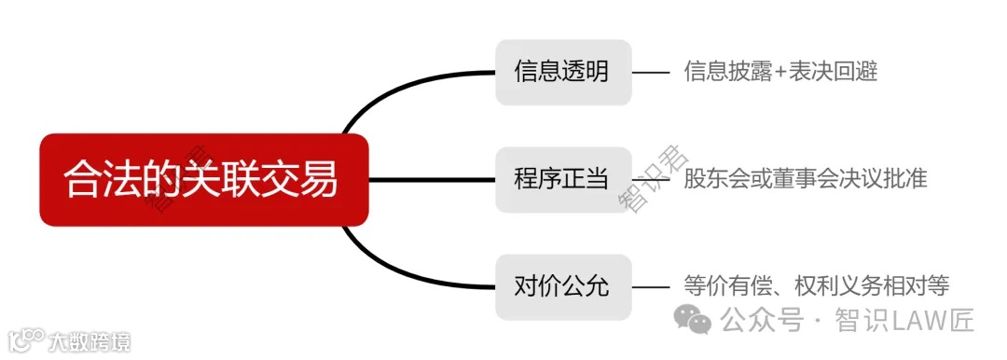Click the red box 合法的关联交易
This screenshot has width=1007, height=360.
pyautogui.click(x=203, y=179)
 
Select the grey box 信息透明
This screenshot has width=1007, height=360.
pyautogui.click(x=563, y=72)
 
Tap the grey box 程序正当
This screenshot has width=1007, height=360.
pyautogui.click(x=563, y=179)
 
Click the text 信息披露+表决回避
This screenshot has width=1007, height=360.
pyautogui.click(x=780, y=72)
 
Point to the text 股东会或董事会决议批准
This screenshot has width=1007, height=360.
pyautogui.click(x=806, y=179)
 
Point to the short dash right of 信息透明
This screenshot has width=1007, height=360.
pyautogui.click(x=652, y=72)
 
